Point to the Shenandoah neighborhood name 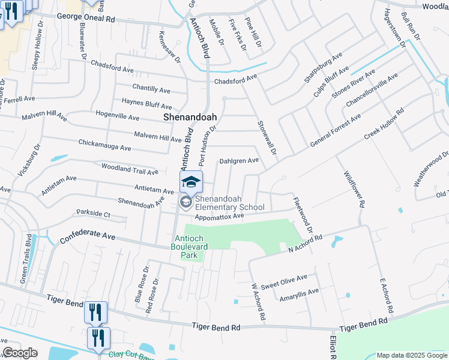[x=190, y=118]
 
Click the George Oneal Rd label [x=86, y=19]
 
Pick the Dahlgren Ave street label [x=238, y=160]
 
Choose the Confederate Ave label [x=88, y=237]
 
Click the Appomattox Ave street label [x=219, y=216]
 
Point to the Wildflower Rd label [x=354, y=188]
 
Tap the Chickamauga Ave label [x=104, y=145]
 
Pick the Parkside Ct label [x=93, y=213]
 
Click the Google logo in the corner [x=20, y=353]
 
